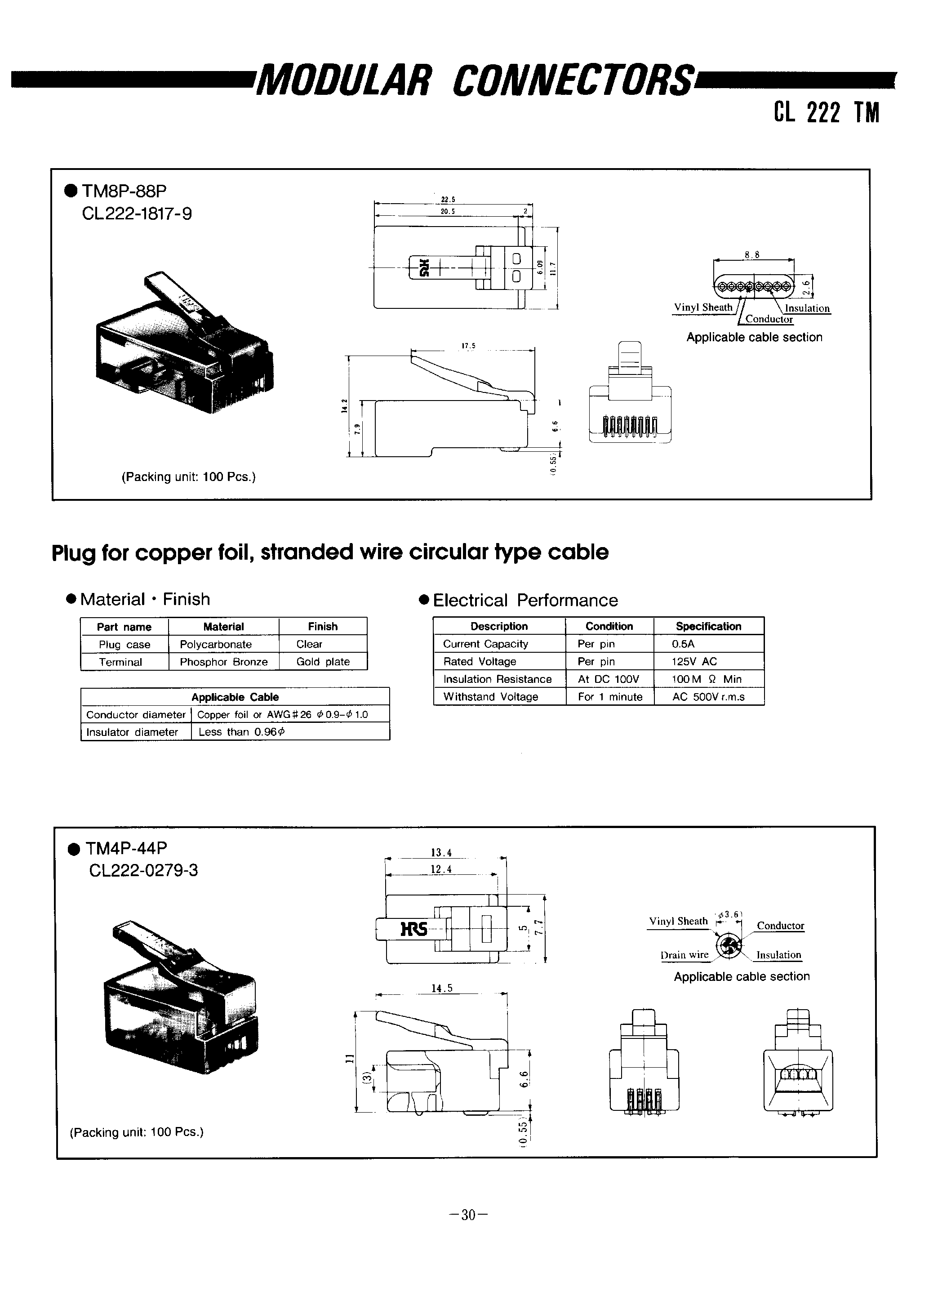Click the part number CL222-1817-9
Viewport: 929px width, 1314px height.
[x=137, y=214]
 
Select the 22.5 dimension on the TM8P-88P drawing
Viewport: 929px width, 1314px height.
[x=447, y=200]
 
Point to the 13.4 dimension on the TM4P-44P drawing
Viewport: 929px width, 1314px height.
[x=441, y=852]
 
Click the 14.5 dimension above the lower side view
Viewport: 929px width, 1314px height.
[x=442, y=988]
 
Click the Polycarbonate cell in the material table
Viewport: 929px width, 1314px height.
[x=216, y=644]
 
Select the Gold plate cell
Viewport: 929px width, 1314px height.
[x=323, y=662]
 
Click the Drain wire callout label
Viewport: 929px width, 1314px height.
[x=684, y=955]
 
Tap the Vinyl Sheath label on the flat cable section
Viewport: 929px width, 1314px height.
[x=703, y=307]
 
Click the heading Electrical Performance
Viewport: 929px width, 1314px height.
[x=525, y=600]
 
